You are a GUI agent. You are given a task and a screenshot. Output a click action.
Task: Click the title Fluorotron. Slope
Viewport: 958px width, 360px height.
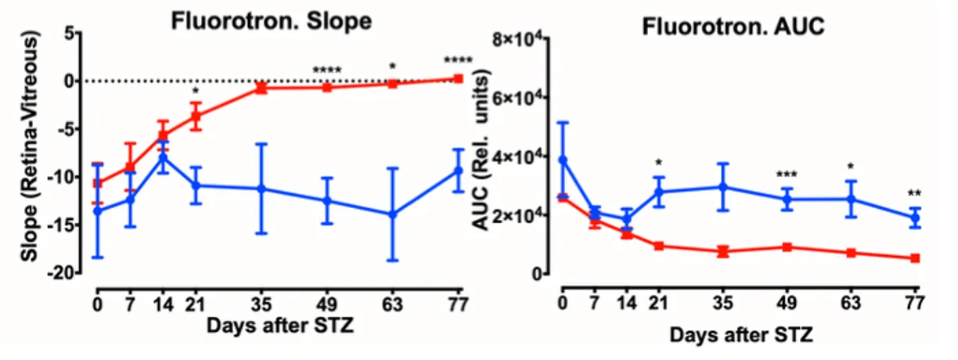pyautogui.click(x=271, y=23)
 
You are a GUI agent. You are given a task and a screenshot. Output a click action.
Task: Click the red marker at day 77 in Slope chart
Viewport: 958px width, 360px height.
pyautogui.click(x=458, y=78)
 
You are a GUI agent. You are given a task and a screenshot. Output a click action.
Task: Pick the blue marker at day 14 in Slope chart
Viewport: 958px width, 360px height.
pyautogui.click(x=163, y=157)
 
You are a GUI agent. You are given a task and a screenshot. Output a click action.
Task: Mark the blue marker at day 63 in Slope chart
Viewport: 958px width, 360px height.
pyautogui.click(x=394, y=214)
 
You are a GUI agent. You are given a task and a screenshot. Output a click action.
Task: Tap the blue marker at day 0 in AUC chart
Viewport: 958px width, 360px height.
pyautogui.click(x=562, y=160)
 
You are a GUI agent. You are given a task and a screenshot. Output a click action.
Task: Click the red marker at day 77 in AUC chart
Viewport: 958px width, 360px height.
pyautogui.click(x=913, y=257)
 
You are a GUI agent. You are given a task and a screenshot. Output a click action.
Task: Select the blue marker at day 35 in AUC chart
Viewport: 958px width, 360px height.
pyautogui.click(x=723, y=186)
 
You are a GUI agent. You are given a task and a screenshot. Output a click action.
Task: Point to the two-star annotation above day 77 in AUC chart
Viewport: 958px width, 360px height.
pyautogui.click(x=913, y=193)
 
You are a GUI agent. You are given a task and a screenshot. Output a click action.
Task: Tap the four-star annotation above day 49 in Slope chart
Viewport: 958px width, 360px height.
pyautogui.click(x=327, y=71)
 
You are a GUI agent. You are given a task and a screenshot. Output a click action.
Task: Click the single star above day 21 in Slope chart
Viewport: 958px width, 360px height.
pyautogui.click(x=196, y=91)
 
